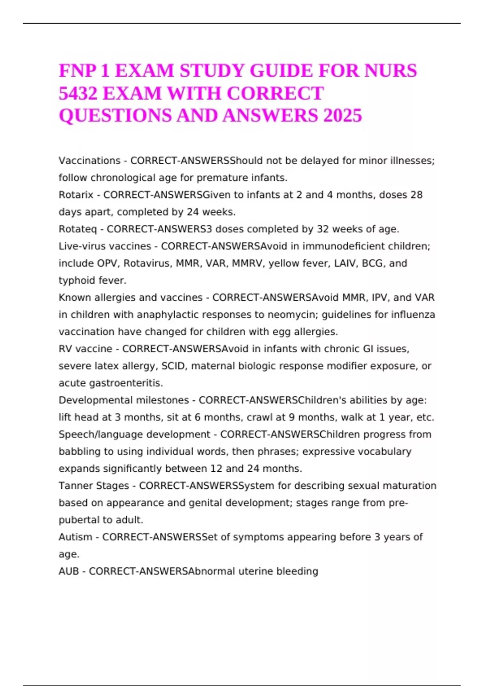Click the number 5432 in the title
[x=78, y=94]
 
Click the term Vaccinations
[x=90, y=161]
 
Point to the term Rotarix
[x=76, y=195]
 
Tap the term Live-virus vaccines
[x=105, y=246]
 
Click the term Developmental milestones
[x=123, y=400]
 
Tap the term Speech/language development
[x=134, y=435]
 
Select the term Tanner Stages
[x=94, y=486]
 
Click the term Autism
[x=75, y=537]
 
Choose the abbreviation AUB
[x=69, y=571]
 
